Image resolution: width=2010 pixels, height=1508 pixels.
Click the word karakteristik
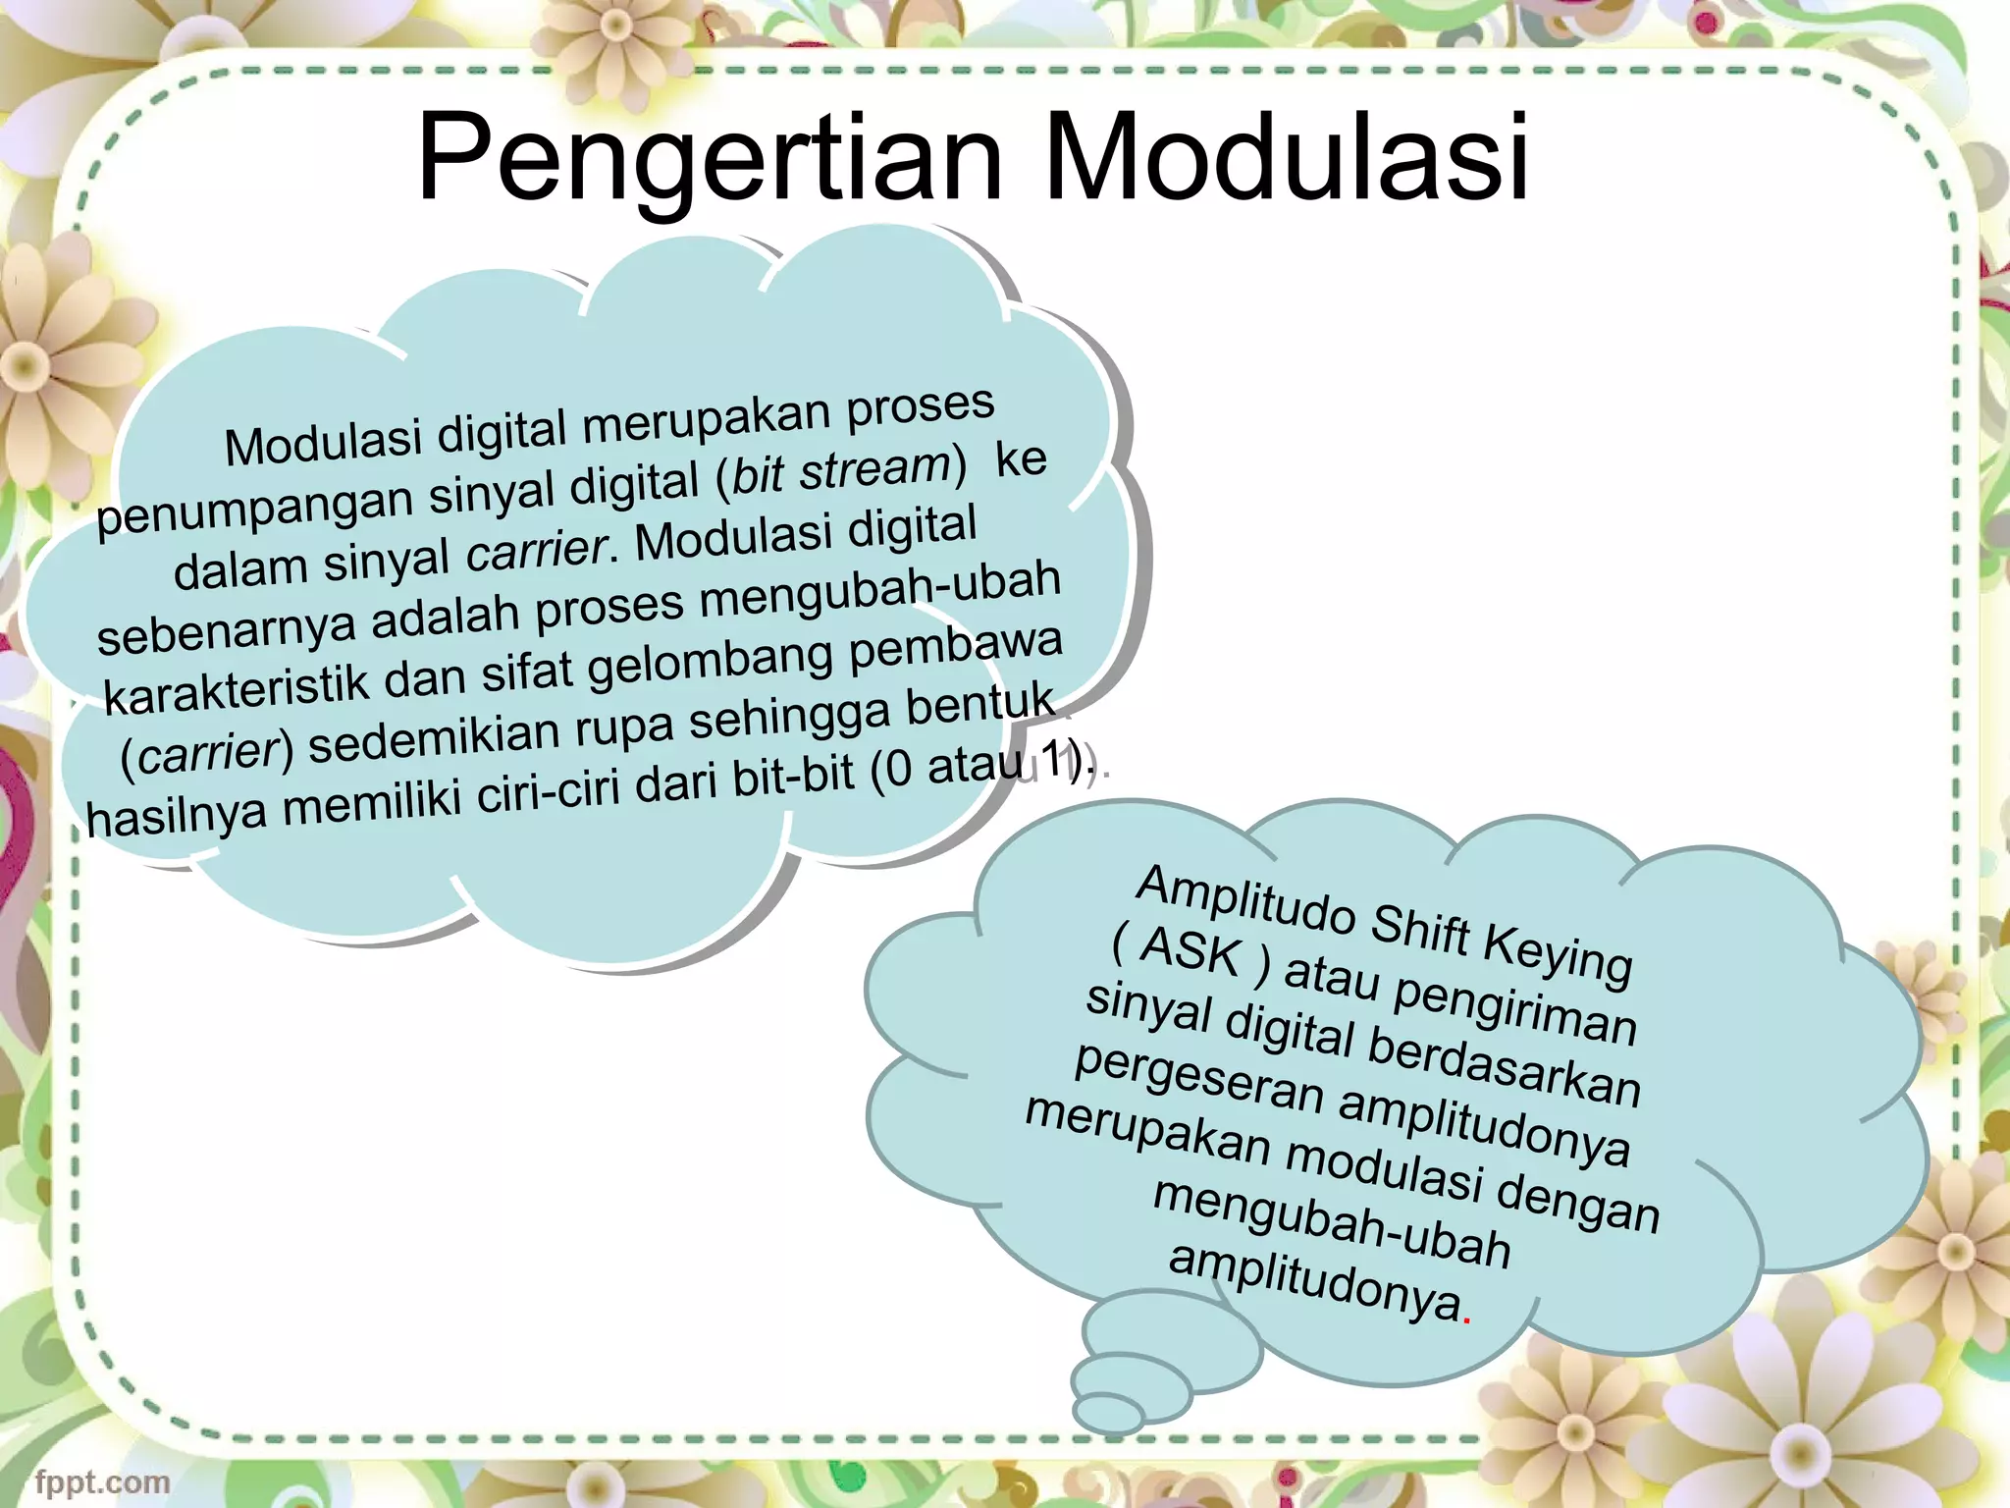coord(236,689)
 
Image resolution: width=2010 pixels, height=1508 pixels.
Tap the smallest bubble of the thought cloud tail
coord(1108,1413)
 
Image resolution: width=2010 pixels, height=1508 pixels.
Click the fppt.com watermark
coord(102,1481)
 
